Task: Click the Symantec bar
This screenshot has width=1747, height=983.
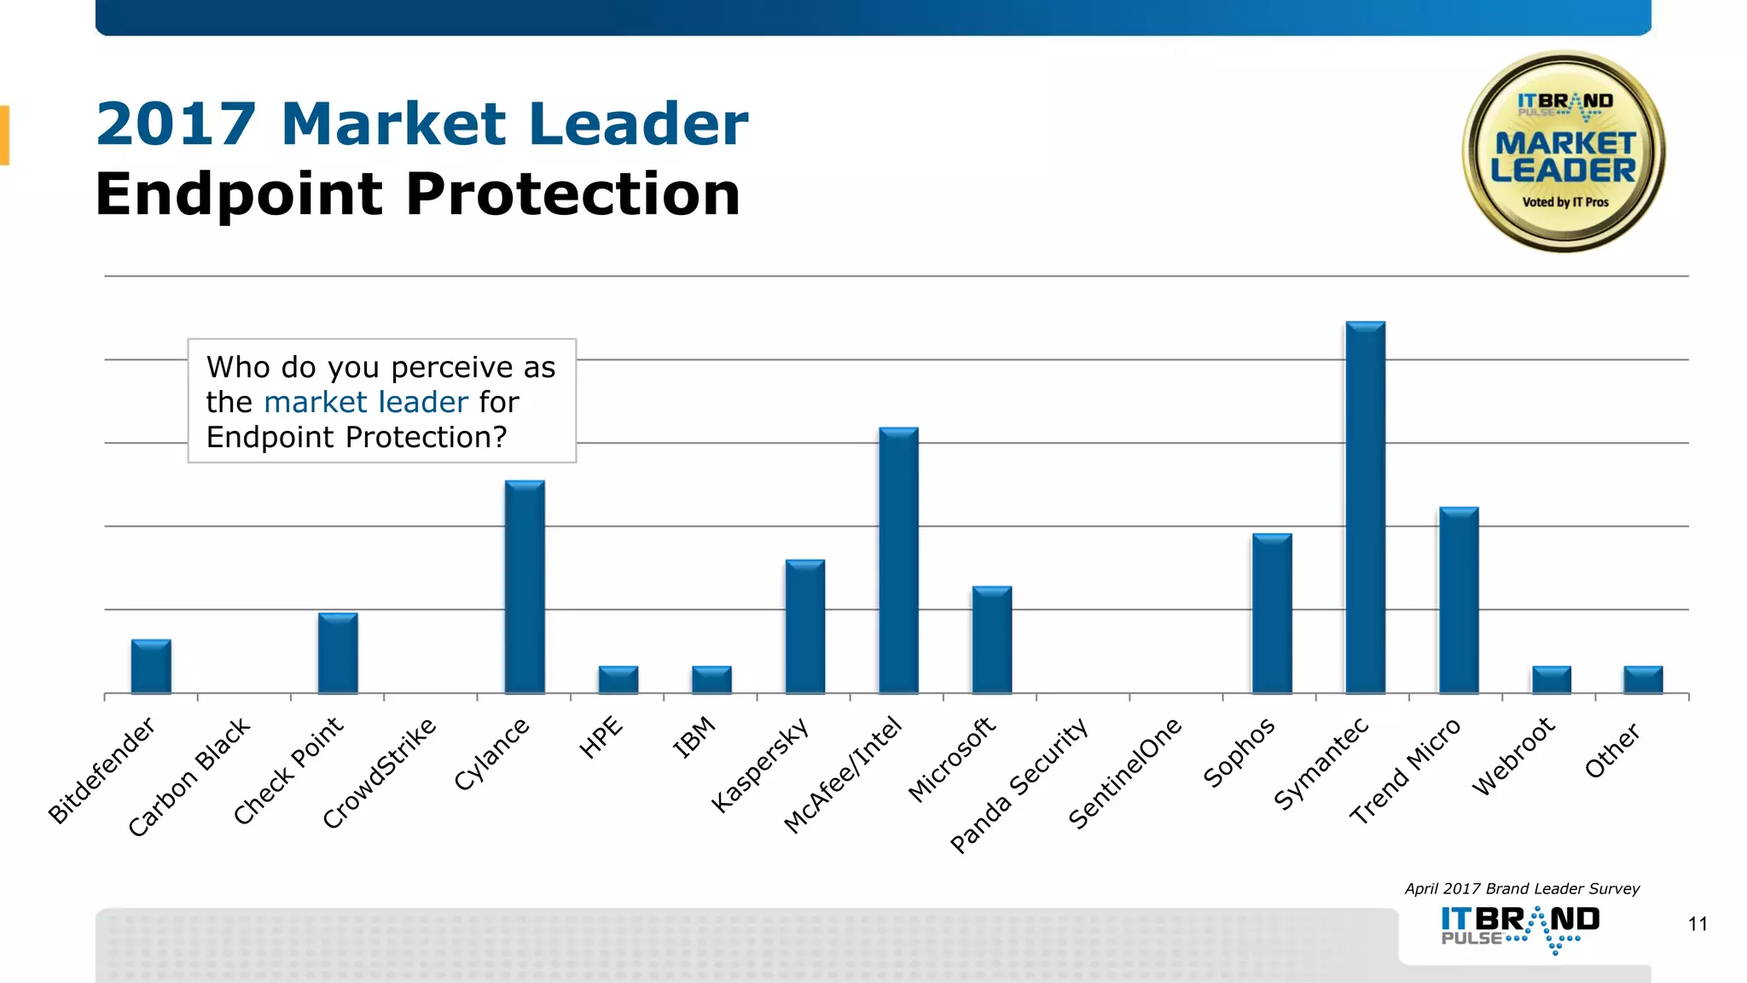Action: click(x=1365, y=508)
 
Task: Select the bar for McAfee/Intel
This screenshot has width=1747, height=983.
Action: click(x=898, y=561)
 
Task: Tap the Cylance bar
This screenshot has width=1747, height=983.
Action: click(x=525, y=587)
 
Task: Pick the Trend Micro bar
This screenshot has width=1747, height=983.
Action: click(x=1459, y=600)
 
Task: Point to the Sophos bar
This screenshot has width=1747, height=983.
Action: click(x=1272, y=614)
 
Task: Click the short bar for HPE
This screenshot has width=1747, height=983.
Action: click(x=618, y=680)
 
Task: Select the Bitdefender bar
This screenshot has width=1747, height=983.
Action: click(x=151, y=666)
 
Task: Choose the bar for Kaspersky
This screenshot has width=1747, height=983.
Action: click(x=804, y=626)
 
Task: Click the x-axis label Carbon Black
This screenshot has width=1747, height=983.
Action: click(x=189, y=777)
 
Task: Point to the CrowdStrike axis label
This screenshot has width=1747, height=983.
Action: click(x=380, y=773)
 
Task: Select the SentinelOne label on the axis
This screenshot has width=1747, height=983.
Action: click(x=1125, y=773)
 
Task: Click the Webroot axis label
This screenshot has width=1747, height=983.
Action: click(x=1513, y=757)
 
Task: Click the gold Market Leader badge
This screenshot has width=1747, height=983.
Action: click(x=1564, y=152)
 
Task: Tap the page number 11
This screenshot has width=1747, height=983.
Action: click(x=1697, y=924)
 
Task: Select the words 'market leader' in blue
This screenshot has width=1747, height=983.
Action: click(x=366, y=402)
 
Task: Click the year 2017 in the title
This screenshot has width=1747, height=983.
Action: click(x=176, y=125)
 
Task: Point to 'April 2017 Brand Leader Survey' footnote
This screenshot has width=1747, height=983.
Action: click(x=1522, y=889)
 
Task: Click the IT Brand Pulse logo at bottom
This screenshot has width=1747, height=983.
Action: click(x=1520, y=928)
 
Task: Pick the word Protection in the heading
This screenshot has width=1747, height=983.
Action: click(x=572, y=195)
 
